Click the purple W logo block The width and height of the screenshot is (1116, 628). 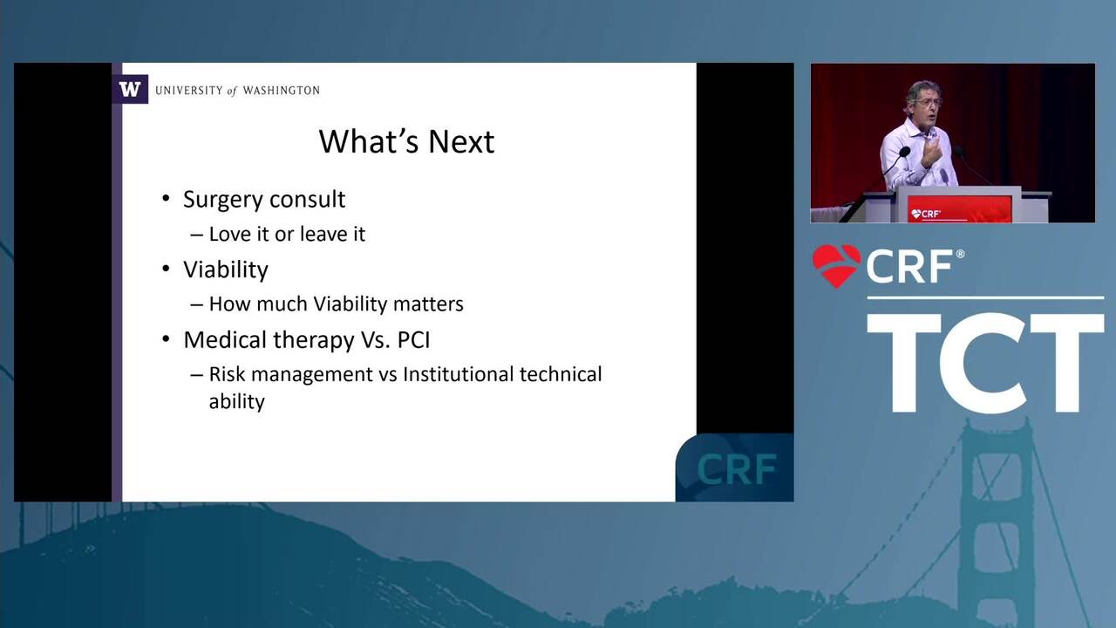pos(130,89)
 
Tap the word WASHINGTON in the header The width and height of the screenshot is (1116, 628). pos(282,91)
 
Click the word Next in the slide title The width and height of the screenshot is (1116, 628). pos(461,141)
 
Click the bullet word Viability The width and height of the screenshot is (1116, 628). pos(226,270)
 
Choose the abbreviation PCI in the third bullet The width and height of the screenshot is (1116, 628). pos(413,340)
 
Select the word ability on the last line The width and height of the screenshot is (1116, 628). pos(236,402)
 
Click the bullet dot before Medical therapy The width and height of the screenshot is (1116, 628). pos(167,340)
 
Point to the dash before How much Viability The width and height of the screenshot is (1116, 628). pos(197,305)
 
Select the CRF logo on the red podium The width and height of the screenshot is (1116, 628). pos(926,214)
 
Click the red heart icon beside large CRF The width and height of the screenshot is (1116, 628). pos(836,266)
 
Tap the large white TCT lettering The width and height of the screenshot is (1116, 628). pos(985,362)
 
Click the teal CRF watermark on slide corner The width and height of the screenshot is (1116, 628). pos(737,469)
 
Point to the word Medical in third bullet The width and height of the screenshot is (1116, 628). pos(226,340)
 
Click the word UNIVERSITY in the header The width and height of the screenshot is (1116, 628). pos(189,91)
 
